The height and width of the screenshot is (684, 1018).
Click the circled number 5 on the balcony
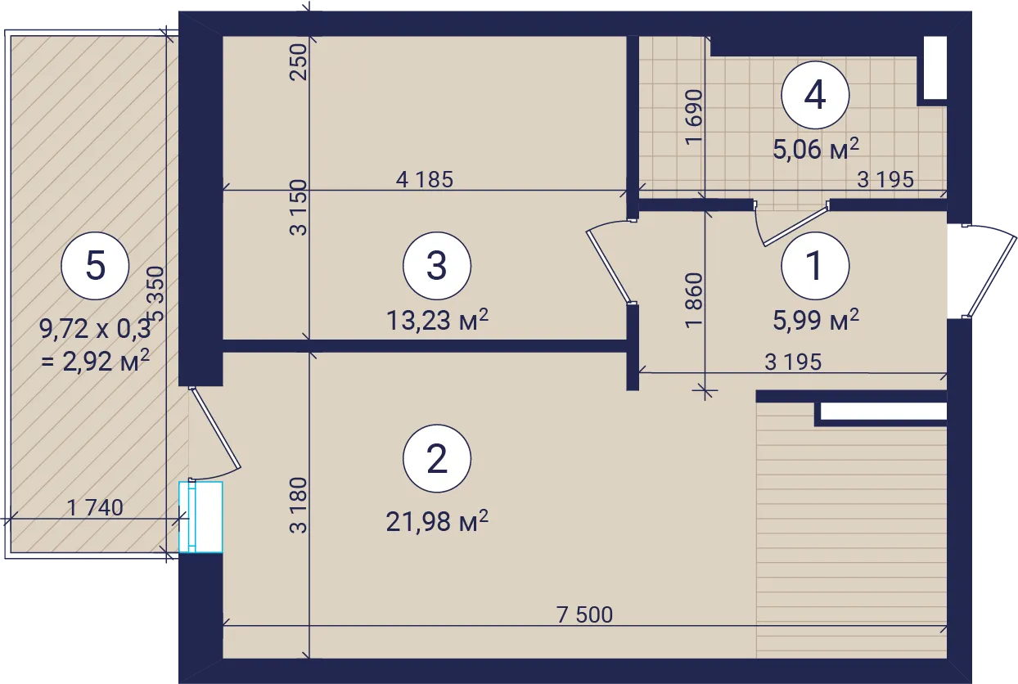click(95, 265)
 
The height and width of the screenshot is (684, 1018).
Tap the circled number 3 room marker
click(437, 265)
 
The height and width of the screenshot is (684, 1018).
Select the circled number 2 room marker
click(437, 458)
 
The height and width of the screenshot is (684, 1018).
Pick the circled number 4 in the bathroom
click(815, 95)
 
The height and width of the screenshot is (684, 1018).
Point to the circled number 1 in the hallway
click(815, 265)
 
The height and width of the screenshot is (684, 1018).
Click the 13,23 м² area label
click(437, 320)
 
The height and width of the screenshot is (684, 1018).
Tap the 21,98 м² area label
click(437, 521)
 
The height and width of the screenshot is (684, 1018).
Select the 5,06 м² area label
click(816, 149)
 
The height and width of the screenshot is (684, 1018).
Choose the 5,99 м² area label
click(816, 320)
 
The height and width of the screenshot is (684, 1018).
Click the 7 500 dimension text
click(585, 615)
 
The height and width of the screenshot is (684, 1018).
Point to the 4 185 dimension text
click(425, 179)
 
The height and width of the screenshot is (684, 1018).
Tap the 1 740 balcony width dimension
click(95, 507)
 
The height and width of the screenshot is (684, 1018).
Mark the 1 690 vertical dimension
click(694, 117)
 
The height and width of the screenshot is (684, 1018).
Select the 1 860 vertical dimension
click(694, 300)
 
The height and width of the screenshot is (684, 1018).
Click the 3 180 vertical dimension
click(299, 505)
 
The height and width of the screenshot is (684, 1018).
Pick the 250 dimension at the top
click(299, 62)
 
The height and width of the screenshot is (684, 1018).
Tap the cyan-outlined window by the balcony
click(200, 517)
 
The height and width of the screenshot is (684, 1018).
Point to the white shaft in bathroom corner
click(935, 68)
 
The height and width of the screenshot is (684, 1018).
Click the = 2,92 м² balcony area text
click(96, 362)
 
